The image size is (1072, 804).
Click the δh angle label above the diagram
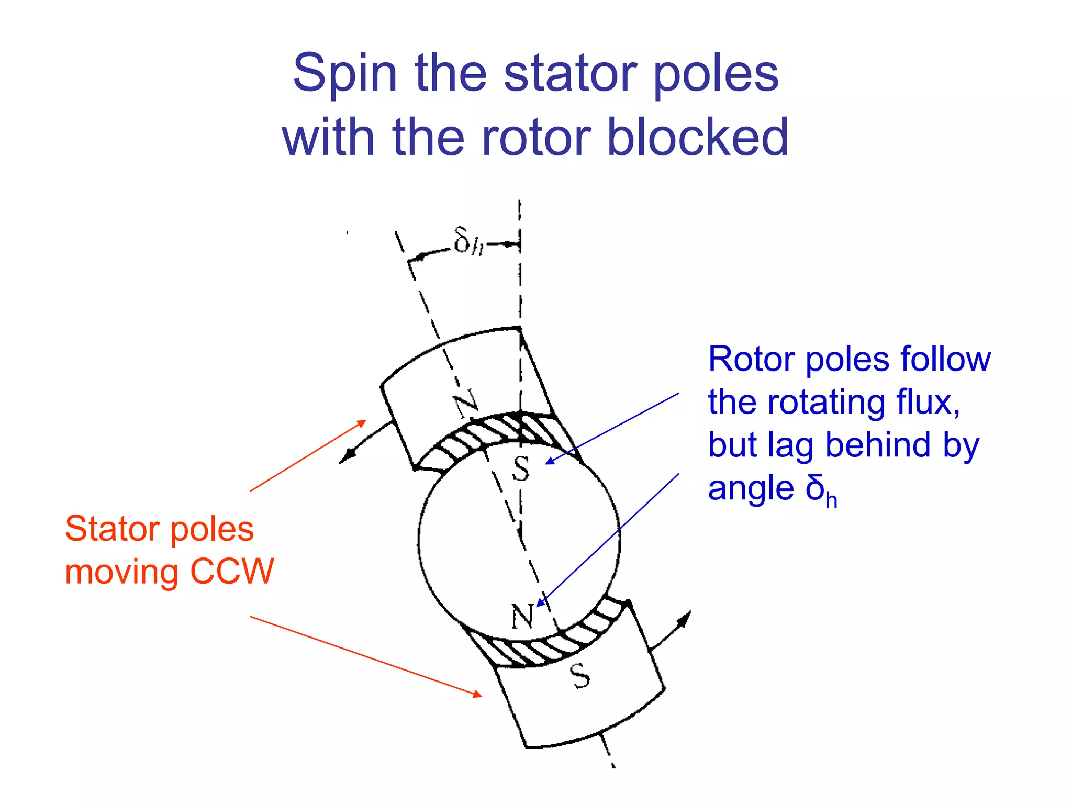tap(468, 241)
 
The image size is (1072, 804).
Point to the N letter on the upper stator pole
tap(465, 403)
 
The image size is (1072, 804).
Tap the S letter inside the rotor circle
tap(521, 468)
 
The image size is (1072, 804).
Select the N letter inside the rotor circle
tap(522, 616)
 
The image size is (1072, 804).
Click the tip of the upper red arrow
tap(364, 421)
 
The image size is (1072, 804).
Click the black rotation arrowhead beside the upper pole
tap(344, 459)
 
